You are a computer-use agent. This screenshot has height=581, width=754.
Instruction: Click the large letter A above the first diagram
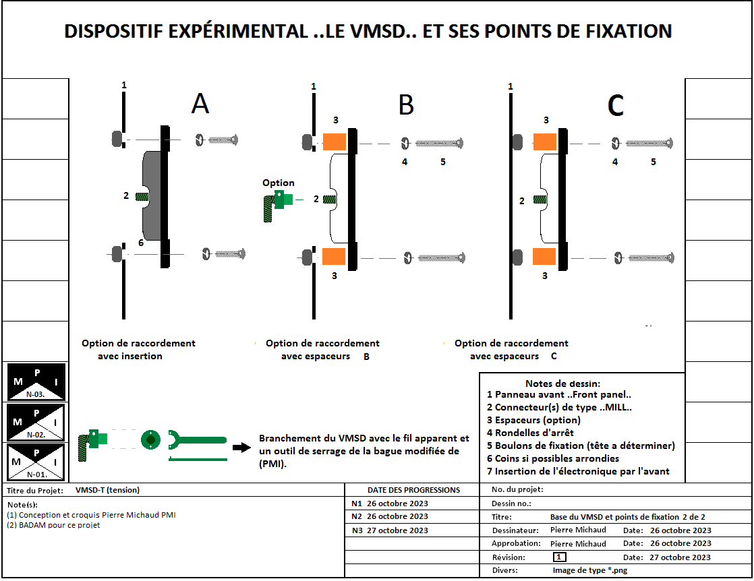click(200, 104)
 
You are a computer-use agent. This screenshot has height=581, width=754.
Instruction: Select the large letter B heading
click(405, 105)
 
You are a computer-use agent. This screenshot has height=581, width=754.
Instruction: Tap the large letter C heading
click(615, 105)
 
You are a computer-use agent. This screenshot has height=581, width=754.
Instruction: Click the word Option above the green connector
click(279, 183)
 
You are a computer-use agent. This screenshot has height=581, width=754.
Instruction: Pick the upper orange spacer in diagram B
click(335, 142)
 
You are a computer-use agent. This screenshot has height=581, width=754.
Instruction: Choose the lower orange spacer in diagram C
click(544, 256)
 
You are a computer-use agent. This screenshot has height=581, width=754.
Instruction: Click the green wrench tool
click(196, 439)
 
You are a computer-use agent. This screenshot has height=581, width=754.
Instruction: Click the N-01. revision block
click(36, 462)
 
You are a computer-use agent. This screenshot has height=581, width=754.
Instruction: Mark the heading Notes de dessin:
click(562, 383)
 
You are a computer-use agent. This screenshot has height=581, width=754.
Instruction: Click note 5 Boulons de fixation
click(581, 446)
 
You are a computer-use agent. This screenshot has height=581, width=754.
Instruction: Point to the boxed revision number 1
click(559, 557)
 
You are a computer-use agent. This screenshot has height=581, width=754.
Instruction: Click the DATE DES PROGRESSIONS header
click(413, 490)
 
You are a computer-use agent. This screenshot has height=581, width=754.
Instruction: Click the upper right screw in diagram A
click(223, 140)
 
